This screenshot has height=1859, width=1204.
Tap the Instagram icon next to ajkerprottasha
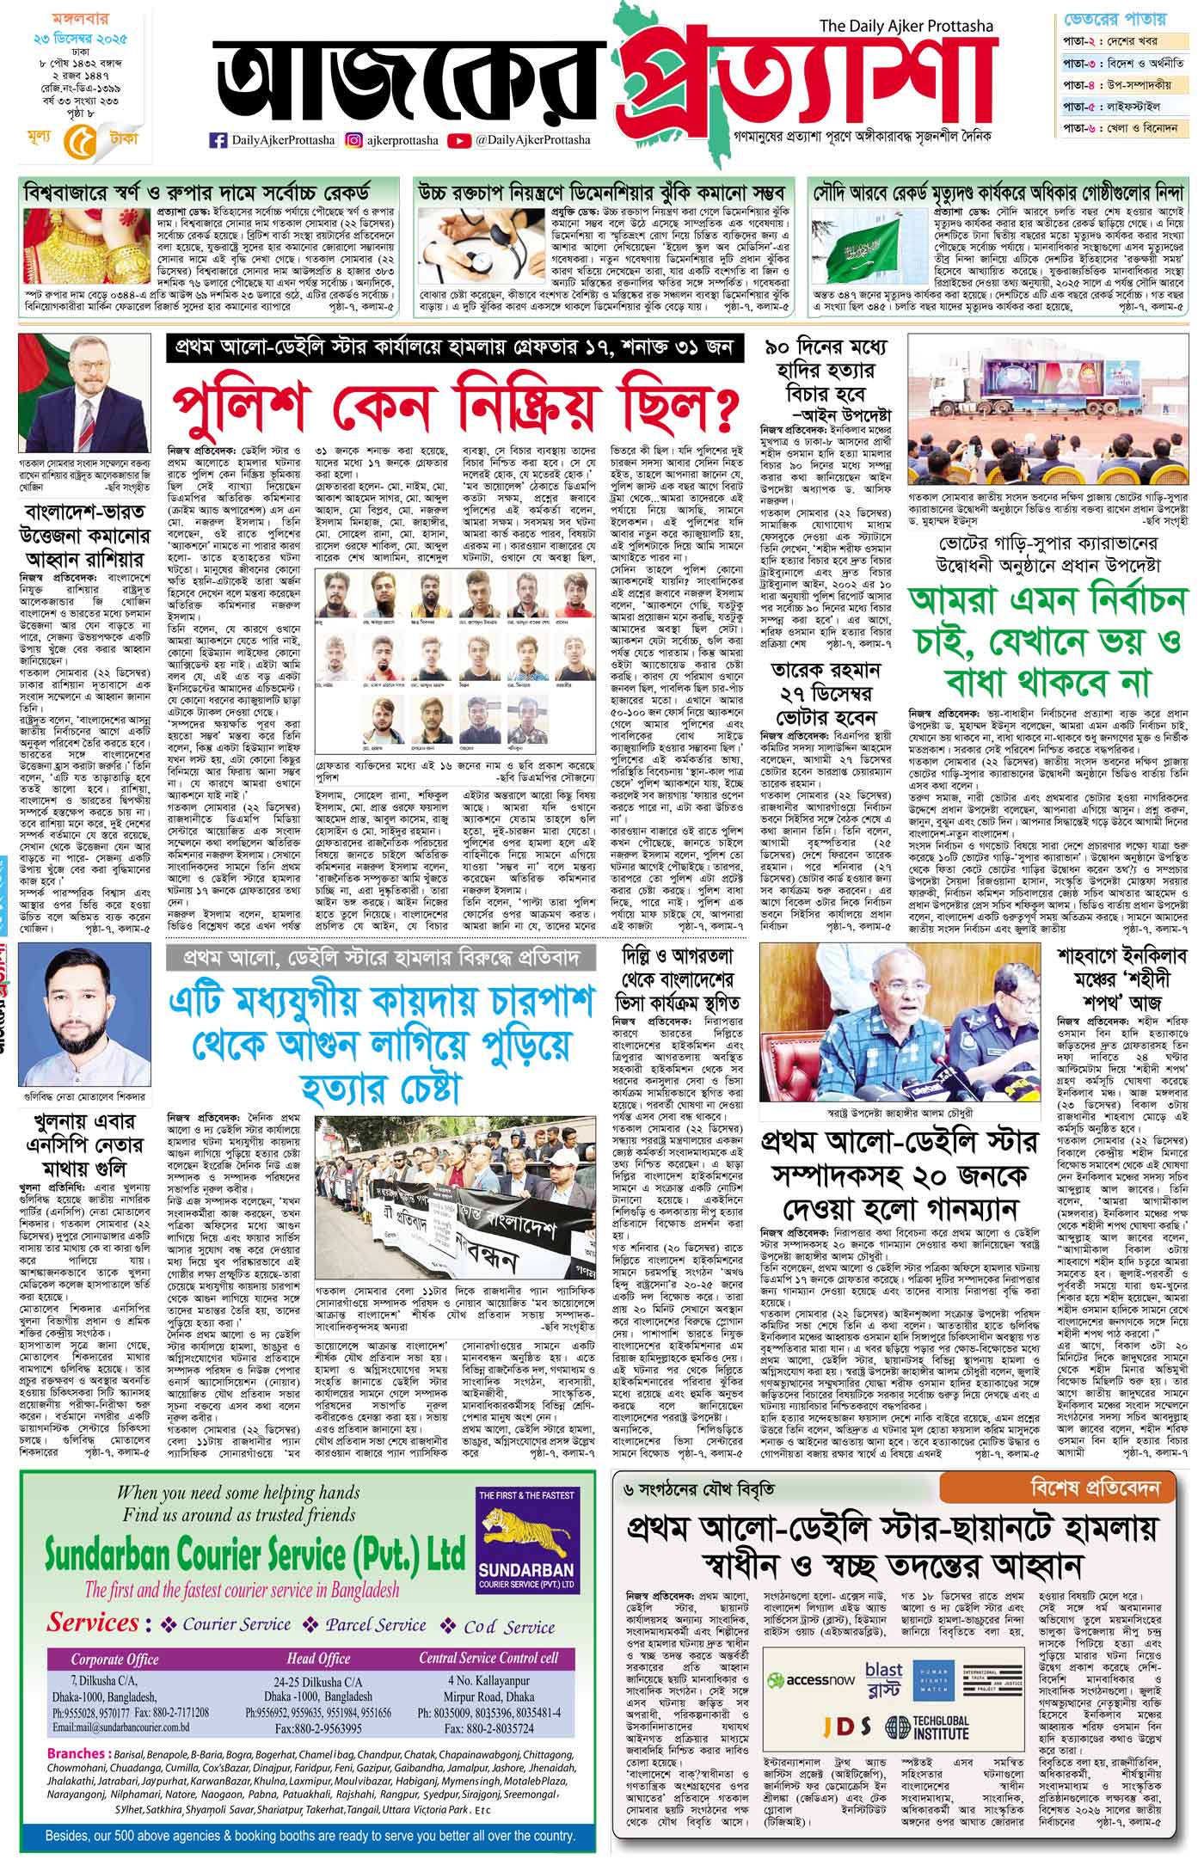click(353, 139)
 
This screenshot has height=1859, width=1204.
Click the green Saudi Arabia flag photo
click(869, 237)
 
